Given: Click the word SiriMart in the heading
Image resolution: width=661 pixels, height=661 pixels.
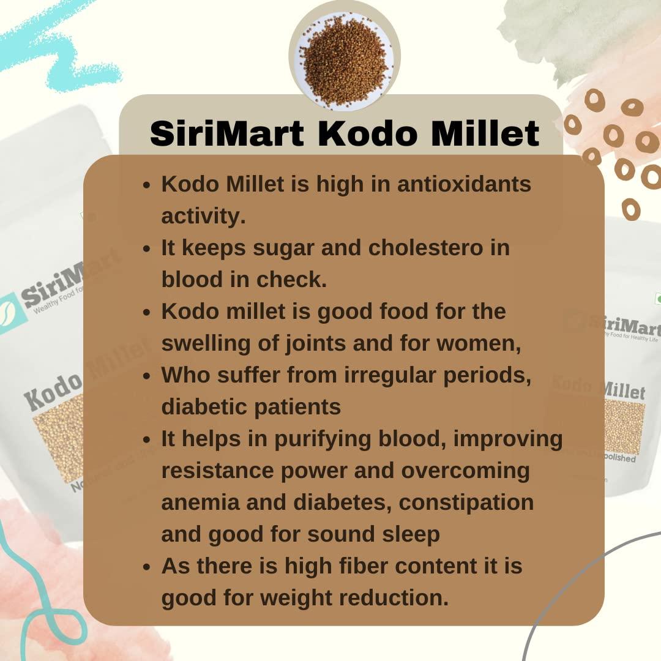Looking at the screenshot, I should click(x=226, y=134).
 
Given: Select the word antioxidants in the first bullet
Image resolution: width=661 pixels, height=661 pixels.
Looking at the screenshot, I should click(x=464, y=184).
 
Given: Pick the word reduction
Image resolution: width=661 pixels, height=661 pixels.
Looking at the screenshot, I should click(x=409, y=598).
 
